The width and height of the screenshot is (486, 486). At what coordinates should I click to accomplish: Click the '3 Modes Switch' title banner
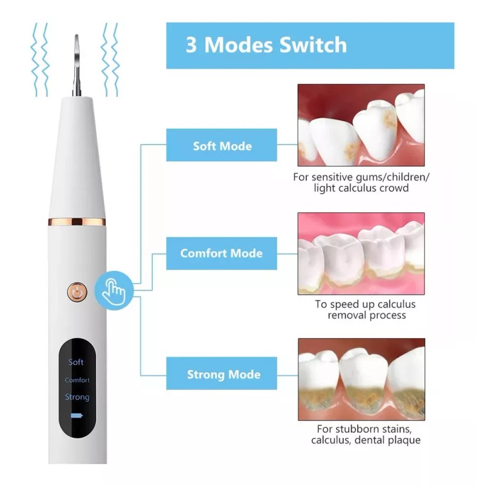[x=310, y=46]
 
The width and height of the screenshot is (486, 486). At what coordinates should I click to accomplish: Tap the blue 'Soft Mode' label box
[x=222, y=145]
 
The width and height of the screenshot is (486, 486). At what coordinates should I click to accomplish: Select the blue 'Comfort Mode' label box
[x=222, y=253]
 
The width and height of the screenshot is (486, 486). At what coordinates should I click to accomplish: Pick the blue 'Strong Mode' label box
[x=222, y=374]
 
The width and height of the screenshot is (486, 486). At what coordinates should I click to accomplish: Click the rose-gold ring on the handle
[x=77, y=221]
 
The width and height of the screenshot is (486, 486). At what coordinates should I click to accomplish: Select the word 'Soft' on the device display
[x=76, y=362]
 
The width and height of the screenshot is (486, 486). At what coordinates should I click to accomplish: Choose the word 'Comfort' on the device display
[x=77, y=380]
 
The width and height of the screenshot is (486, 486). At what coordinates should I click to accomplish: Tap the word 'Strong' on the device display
[x=77, y=397]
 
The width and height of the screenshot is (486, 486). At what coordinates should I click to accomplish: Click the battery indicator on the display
[x=77, y=416]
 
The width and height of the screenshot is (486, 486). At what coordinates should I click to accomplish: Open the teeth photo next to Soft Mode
[x=361, y=125]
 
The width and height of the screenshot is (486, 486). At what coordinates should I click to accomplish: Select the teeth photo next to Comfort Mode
[x=361, y=253]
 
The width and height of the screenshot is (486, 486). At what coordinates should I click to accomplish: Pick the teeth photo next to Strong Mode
[x=361, y=380]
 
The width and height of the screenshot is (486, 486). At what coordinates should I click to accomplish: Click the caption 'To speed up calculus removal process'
[x=366, y=310]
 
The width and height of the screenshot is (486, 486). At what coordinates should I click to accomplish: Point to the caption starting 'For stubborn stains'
[x=366, y=434]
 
